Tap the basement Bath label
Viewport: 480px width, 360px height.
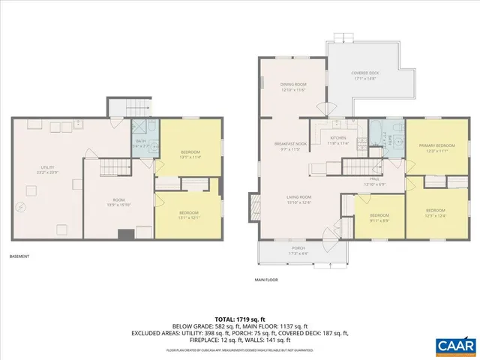(141, 143)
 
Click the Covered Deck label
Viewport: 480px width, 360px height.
(365, 76)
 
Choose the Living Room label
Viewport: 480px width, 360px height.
(298, 199)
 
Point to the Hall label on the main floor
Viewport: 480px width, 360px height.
(374, 181)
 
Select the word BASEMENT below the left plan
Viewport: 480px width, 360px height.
(19, 257)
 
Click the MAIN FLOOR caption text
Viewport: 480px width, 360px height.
(266, 280)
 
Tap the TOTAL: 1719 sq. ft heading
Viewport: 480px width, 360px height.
(239, 319)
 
